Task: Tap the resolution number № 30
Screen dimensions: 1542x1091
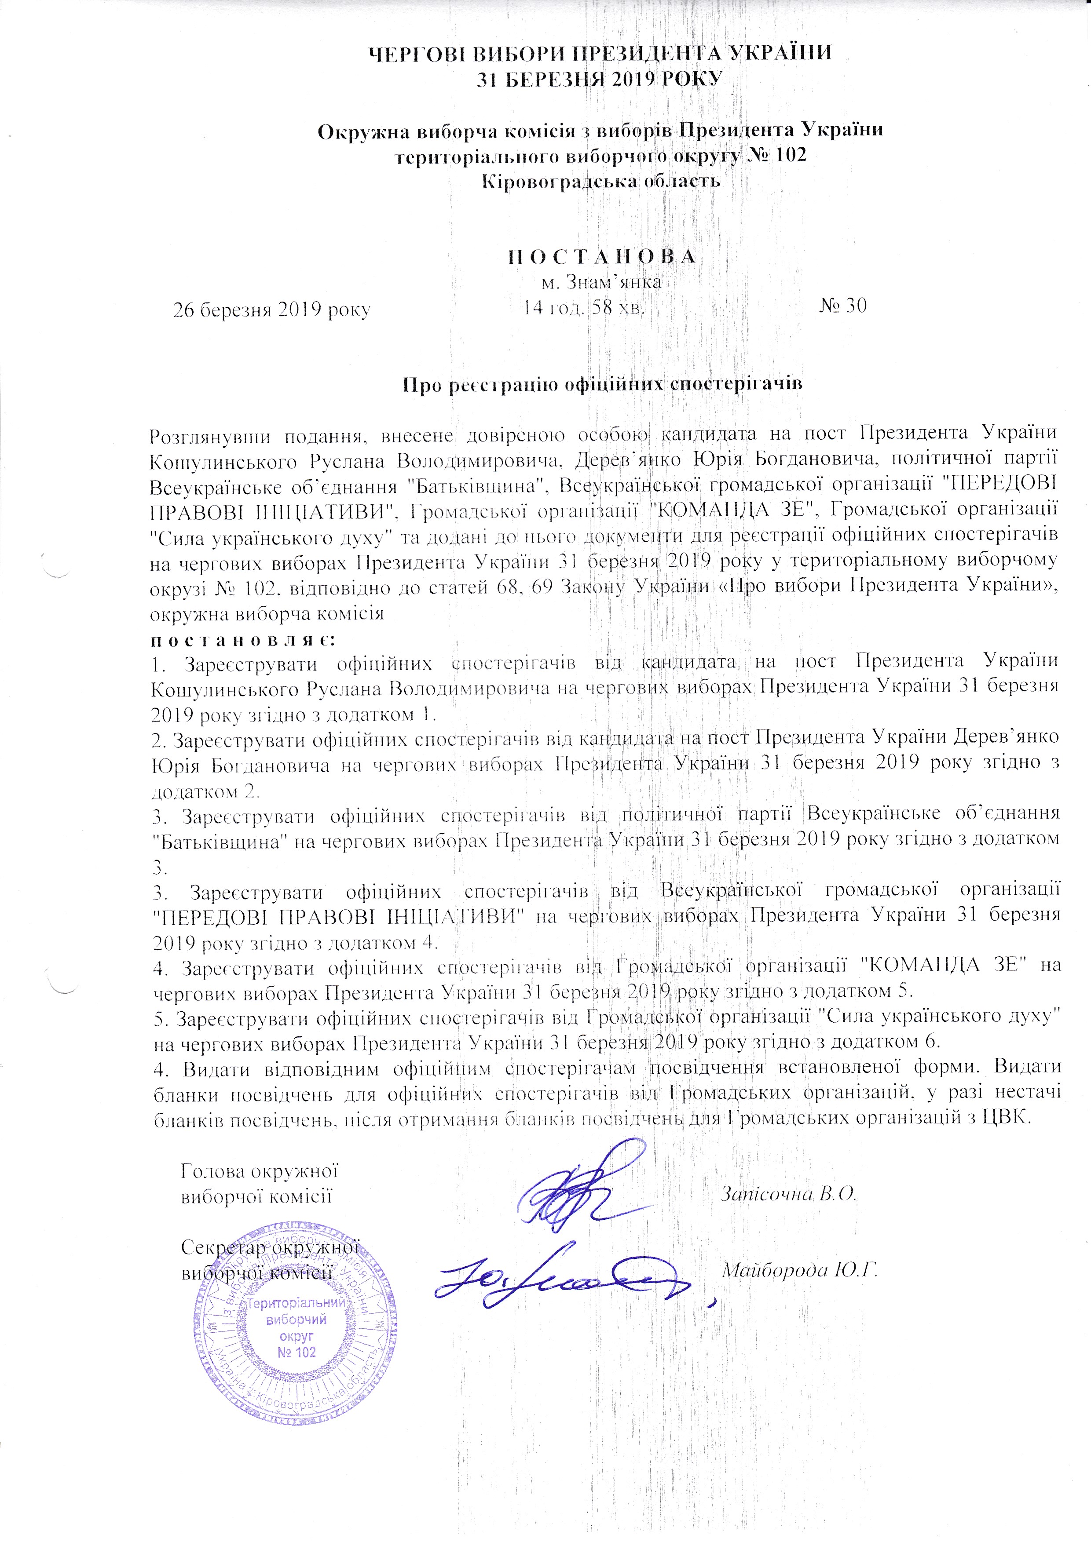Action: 843,306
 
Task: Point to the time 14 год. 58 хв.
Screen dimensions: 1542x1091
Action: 585,308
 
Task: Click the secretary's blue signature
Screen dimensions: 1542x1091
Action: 564,1279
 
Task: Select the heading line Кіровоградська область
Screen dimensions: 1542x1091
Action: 601,181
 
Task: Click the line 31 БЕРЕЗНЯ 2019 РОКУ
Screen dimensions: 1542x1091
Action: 600,79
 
